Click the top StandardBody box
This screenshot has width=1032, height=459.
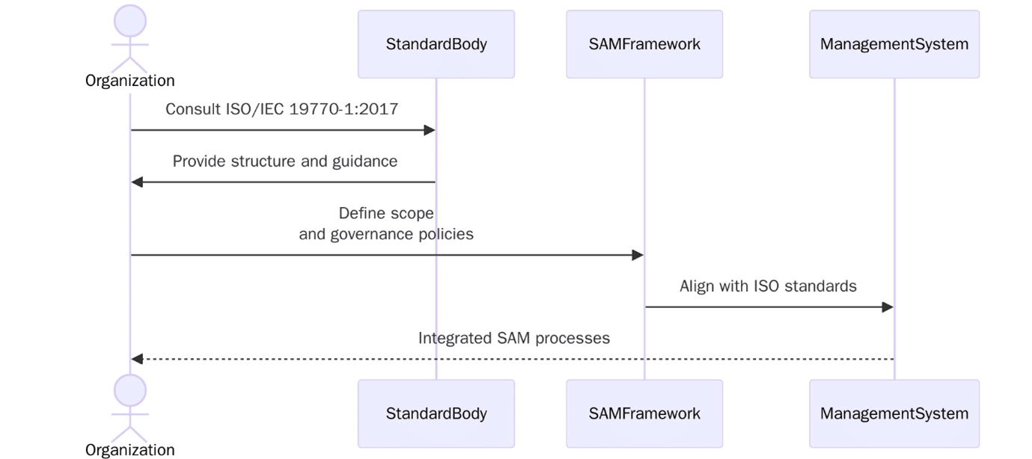click(x=436, y=44)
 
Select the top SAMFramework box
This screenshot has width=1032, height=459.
click(x=644, y=44)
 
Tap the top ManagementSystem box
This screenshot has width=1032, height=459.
click(x=894, y=44)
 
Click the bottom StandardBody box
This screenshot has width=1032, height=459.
click(x=436, y=413)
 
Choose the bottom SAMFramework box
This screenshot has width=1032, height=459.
click(x=644, y=413)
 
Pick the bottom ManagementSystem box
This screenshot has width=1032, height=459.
click(x=894, y=413)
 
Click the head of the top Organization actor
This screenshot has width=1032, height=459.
click(x=130, y=20)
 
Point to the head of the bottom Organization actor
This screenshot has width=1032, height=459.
click(x=130, y=389)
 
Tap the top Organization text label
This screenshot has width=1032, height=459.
click(x=130, y=81)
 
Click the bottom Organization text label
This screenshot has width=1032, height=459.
click(x=130, y=450)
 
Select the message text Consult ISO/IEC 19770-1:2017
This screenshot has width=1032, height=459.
click(x=281, y=109)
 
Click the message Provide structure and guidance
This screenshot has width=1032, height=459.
click(x=284, y=161)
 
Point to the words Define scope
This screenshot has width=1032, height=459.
click(x=386, y=214)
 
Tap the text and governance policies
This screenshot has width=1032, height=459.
click(x=386, y=234)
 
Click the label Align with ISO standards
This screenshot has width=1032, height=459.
click(x=768, y=286)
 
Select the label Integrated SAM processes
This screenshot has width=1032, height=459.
click(x=513, y=338)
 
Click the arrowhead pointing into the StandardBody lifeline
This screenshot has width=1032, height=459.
click(x=430, y=130)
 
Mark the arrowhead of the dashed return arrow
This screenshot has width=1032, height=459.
click(x=137, y=360)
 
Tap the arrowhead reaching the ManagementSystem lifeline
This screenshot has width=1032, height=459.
click(x=888, y=307)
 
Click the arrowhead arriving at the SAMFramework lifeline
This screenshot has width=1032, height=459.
click(x=638, y=256)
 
